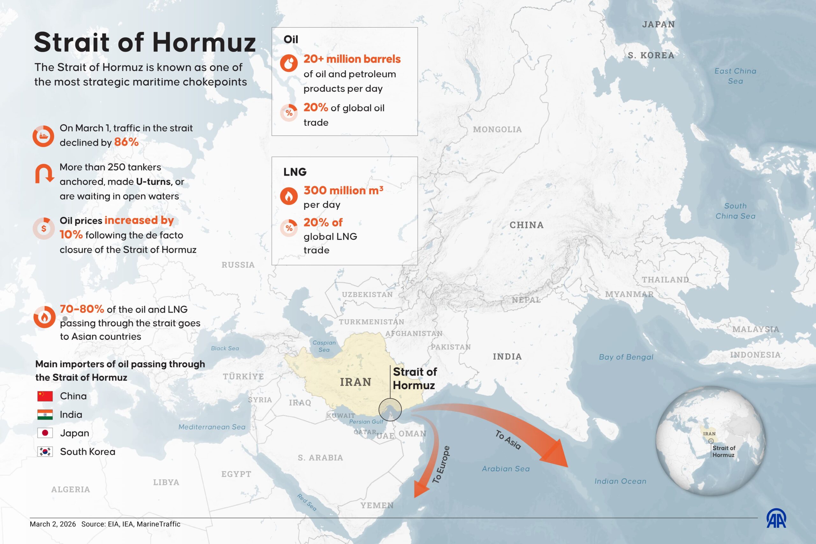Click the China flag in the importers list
(x=45, y=396)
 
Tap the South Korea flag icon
(x=45, y=452)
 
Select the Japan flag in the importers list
(x=45, y=433)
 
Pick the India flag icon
(x=45, y=415)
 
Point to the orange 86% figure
(x=126, y=142)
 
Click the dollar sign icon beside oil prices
(x=44, y=228)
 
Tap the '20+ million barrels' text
(x=352, y=59)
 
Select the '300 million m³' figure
(x=343, y=190)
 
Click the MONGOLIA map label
(x=497, y=129)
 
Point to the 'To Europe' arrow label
(x=441, y=465)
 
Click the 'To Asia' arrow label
(x=508, y=440)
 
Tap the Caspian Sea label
(x=324, y=346)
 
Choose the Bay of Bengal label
(x=626, y=357)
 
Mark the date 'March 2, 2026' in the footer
(x=53, y=524)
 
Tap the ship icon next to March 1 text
(x=43, y=136)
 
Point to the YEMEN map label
(x=377, y=505)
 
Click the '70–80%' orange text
(x=82, y=309)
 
